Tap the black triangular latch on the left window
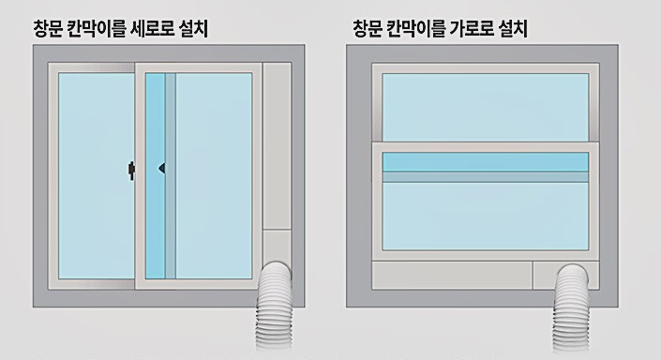162,169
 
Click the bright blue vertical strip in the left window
156,174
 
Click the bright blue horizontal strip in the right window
486,160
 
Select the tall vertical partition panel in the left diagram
277,145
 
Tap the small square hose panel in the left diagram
277,246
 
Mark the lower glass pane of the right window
486,216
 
